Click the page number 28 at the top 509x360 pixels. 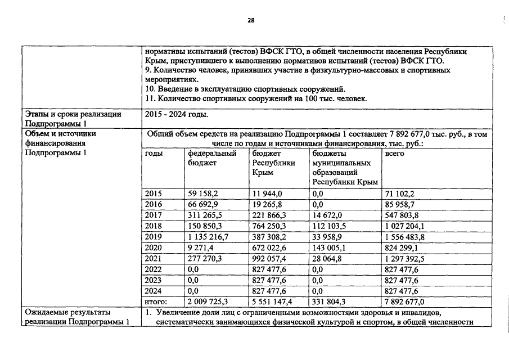tap(251, 21)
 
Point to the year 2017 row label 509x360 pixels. tap(153, 215)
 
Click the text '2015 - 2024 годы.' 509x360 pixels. tap(176, 115)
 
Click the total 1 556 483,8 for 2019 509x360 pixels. tap(404, 237)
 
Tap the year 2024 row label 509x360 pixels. tap(153, 291)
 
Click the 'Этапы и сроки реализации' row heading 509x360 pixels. tap(74, 115)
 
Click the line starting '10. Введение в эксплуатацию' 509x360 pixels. tap(245, 89)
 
